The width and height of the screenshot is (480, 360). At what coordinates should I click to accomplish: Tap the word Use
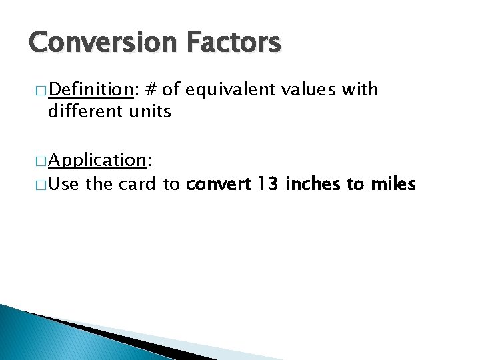click(x=63, y=183)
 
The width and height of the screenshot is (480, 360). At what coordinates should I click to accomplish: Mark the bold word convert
click(x=216, y=183)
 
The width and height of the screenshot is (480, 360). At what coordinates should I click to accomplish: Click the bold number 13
click(x=267, y=183)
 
